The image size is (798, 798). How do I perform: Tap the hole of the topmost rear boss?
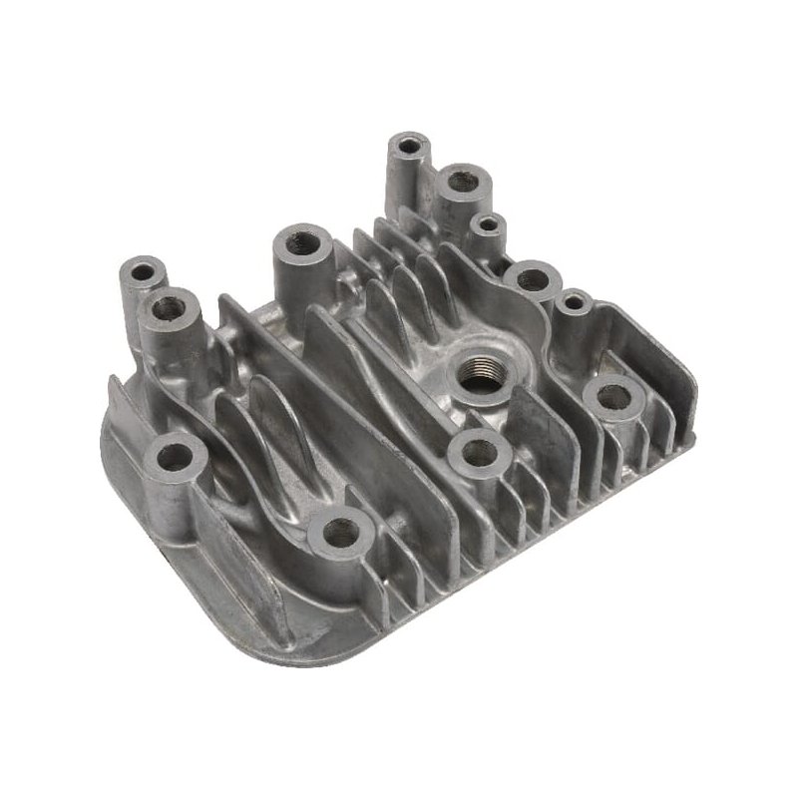[408, 146]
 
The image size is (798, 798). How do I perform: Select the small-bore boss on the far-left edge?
[143, 271]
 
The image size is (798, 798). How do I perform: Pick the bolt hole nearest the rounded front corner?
[341, 533]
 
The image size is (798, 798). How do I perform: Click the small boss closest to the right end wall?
[574, 300]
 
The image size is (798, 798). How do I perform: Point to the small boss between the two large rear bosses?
[487, 225]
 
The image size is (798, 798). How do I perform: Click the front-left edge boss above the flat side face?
[176, 458]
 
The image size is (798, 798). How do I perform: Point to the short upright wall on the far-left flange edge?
[118, 399]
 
